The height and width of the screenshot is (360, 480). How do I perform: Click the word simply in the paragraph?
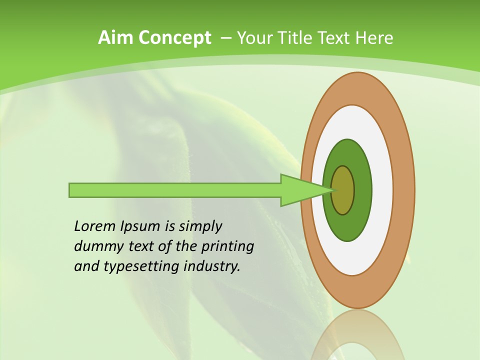[x=200, y=227]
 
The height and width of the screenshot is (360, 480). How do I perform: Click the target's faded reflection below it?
[x=357, y=335]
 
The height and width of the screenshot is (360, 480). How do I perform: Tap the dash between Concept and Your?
[x=225, y=38]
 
